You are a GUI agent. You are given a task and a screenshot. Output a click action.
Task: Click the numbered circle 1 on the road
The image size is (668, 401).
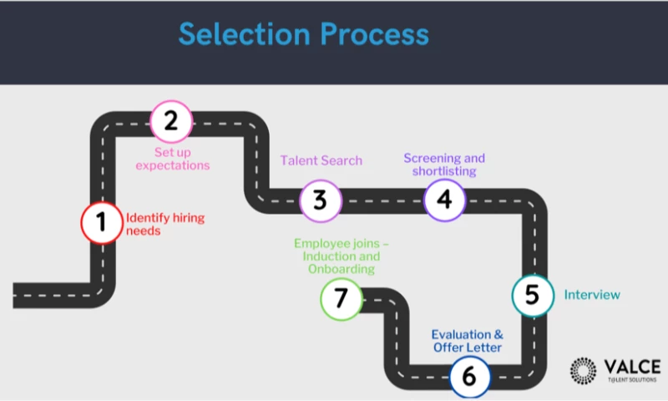(x=101, y=222)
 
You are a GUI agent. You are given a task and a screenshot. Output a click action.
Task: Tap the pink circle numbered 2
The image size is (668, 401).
(x=171, y=121)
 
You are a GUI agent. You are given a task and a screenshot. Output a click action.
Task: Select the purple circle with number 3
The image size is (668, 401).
(x=320, y=201)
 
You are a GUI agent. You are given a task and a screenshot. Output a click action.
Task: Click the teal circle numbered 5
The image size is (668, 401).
(x=532, y=296)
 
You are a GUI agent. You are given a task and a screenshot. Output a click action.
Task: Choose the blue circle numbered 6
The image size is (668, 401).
(x=469, y=378)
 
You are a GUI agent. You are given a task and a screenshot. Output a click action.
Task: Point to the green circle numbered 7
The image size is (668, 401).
(x=341, y=298)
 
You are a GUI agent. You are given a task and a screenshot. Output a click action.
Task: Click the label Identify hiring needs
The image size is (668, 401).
(x=164, y=224)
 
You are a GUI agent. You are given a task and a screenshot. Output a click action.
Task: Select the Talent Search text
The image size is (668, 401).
(x=321, y=160)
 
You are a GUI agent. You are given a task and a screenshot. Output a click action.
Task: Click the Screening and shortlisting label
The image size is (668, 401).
(x=443, y=165)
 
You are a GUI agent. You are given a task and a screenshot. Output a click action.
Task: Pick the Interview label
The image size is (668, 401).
(x=592, y=295)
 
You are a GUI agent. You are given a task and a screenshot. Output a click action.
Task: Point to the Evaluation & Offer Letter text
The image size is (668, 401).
(x=467, y=341)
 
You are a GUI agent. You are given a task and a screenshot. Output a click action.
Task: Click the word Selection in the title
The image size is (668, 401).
(x=240, y=35)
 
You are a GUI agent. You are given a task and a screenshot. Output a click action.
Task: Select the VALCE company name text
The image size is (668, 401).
(x=631, y=366)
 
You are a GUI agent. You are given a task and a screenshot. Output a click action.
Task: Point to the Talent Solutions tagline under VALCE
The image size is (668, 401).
(x=631, y=380)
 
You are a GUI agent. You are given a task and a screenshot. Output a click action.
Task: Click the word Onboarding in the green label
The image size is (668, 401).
(x=339, y=270)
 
